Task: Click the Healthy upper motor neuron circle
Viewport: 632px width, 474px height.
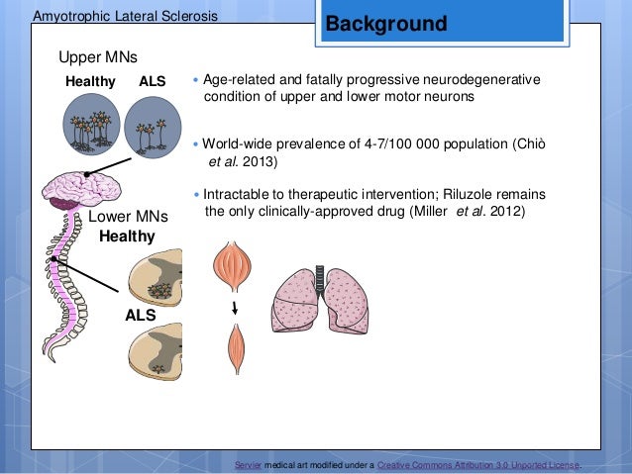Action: (x=90, y=127)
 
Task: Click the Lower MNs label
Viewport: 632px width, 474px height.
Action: (x=128, y=217)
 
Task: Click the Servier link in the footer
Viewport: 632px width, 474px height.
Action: (x=248, y=464)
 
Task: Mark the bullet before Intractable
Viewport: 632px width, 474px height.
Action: (x=197, y=193)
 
